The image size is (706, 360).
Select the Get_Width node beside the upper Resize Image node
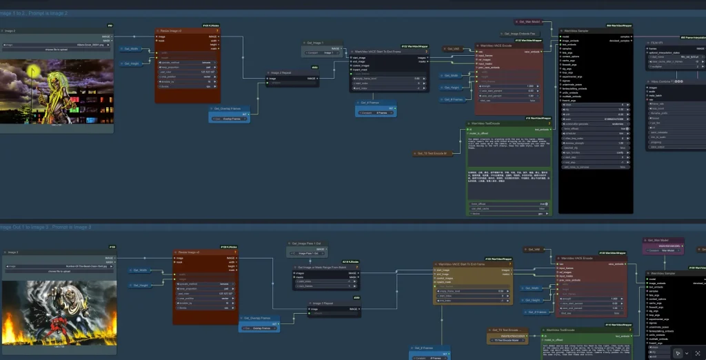tap(131, 49)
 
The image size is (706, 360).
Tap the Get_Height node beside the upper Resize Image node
tap(131, 63)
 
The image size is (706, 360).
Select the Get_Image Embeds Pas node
tap(521, 33)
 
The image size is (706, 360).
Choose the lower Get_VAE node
tap(533, 250)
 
